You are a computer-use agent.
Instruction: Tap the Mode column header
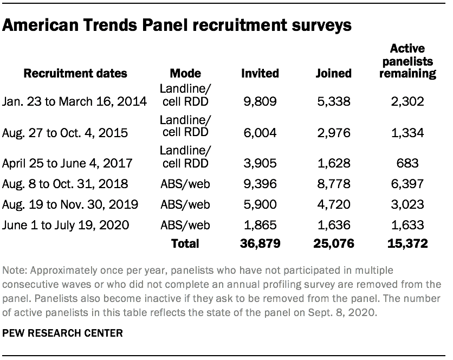tap(185, 73)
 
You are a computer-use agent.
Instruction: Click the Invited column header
tap(261, 73)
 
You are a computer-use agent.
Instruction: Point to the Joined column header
tap(334, 73)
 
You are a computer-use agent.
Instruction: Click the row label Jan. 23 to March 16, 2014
tap(75, 101)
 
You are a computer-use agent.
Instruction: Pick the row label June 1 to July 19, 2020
tap(66, 224)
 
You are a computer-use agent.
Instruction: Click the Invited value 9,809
tap(261, 101)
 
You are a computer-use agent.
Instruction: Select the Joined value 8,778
tap(334, 184)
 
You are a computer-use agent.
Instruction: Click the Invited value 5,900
tap(261, 204)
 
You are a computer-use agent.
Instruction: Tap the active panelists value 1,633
tap(408, 224)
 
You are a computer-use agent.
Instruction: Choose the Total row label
tap(185, 244)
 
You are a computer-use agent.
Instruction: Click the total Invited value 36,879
tap(259, 244)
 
